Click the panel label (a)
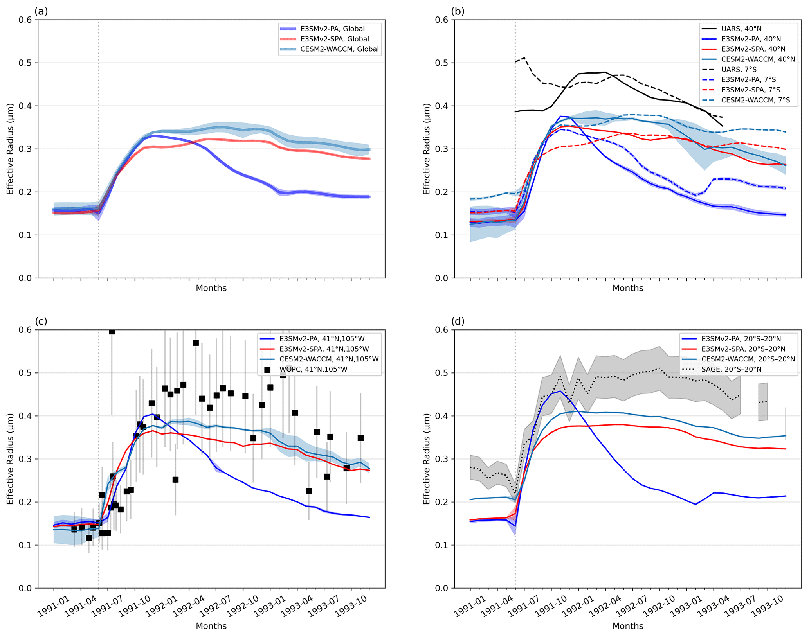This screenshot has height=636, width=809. coord(41,11)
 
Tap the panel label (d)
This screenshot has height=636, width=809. coord(458,321)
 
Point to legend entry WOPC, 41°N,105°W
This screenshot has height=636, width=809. coord(313,369)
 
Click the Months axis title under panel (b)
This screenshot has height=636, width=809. coord(627,288)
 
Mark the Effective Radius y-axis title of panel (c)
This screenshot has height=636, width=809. coord(10,459)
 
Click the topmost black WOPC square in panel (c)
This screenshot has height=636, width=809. coord(112,332)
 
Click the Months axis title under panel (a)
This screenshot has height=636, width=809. coord(211,288)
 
